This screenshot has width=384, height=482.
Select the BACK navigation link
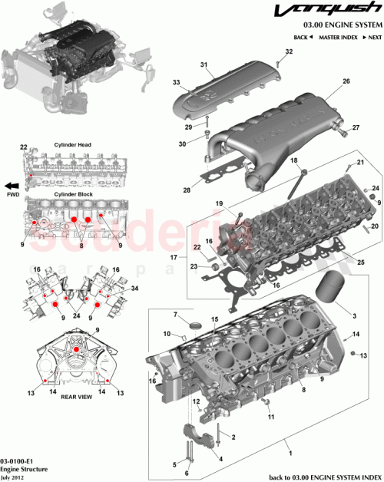tap(302, 37)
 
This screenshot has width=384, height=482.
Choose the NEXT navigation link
tap(372, 37)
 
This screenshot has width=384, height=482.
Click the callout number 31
tap(204, 64)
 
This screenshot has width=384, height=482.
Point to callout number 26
tap(346, 81)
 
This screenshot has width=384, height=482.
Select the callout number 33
tap(176, 82)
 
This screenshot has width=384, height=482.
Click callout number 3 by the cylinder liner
tap(354, 315)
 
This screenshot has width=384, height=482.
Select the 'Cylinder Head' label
tap(73, 144)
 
